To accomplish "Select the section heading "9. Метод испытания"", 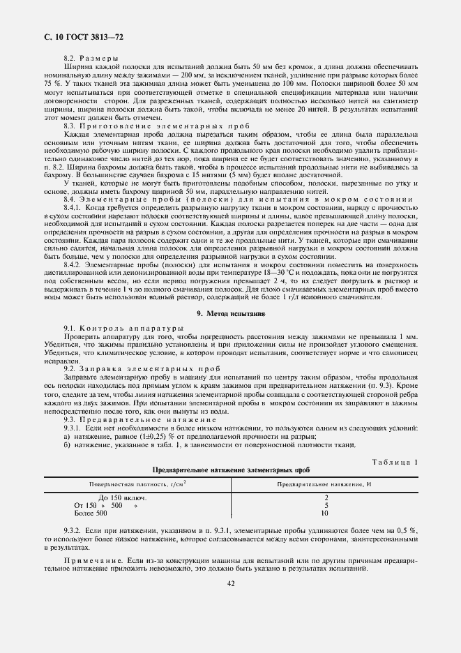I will (230, 314).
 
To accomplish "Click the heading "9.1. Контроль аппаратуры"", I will (114, 328).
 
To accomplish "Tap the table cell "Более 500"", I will (91, 513).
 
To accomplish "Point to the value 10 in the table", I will (326, 513).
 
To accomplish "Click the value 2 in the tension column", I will (326, 497).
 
